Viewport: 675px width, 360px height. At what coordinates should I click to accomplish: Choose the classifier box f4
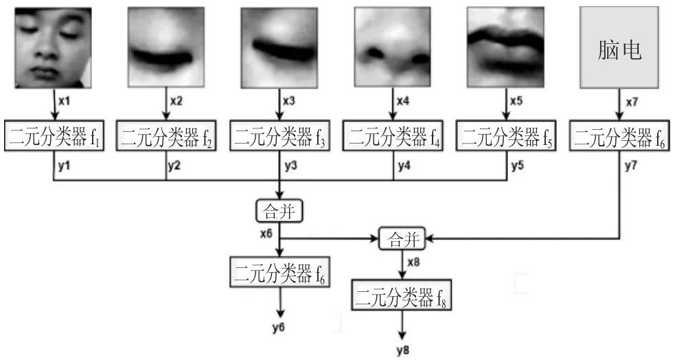tap(393, 137)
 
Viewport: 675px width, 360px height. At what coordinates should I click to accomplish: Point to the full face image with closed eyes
tap(52, 48)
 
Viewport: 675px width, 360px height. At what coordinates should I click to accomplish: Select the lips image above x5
tap(505, 47)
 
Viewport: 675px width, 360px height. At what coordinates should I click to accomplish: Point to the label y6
tap(278, 326)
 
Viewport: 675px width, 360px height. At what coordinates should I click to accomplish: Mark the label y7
tap(632, 166)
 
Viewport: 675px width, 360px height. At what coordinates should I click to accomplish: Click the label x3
tap(290, 101)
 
